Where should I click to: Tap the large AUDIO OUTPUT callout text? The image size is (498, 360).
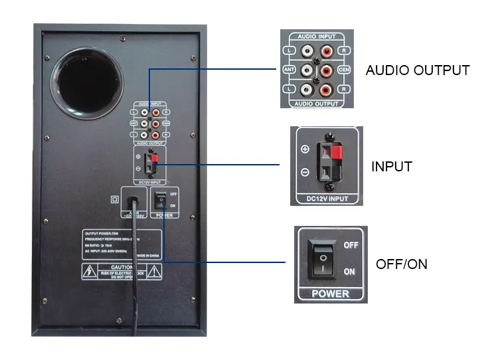(417, 70)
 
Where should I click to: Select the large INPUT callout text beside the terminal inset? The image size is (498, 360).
(391, 166)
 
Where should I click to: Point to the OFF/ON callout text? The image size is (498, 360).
(401, 264)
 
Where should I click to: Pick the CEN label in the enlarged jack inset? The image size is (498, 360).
(343, 70)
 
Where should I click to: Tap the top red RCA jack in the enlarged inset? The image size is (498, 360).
(326, 50)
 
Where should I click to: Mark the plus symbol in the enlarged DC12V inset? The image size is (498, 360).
(305, 149)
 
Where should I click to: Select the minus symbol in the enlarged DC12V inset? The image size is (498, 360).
(305, 172)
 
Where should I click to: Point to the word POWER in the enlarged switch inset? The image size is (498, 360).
(330, 293)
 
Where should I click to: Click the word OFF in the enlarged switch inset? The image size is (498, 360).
(351, 245)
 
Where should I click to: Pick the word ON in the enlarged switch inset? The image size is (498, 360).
(349, 272)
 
